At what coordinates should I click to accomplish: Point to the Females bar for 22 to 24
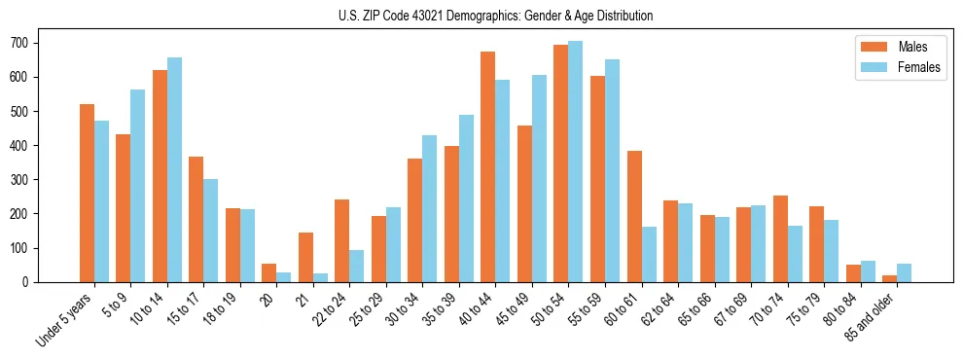[357, 266]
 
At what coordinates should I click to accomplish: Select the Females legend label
[920, 68]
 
